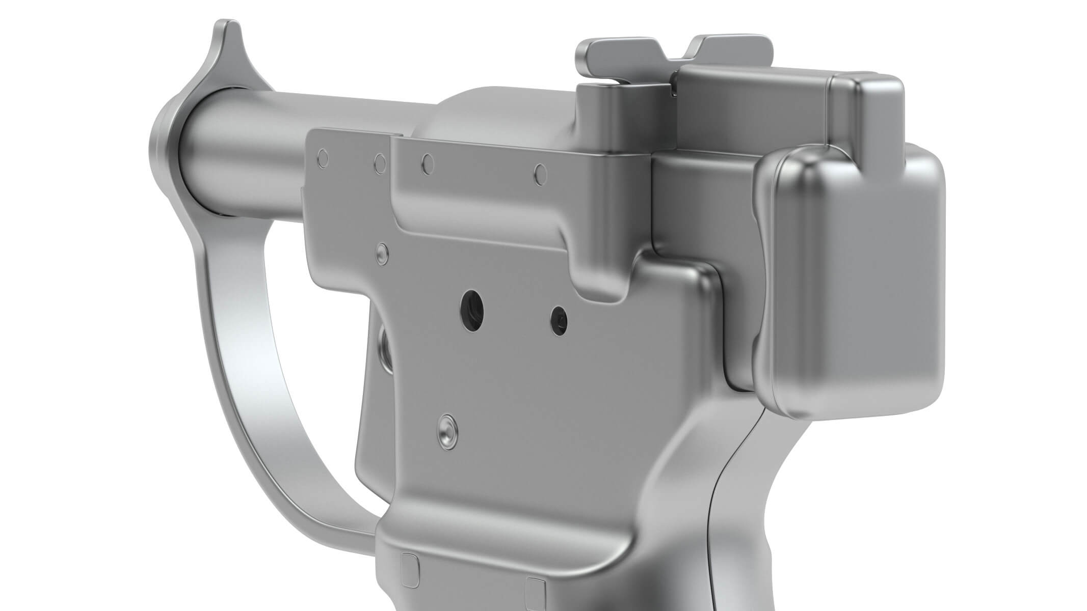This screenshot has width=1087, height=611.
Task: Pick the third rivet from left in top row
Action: (x=429, y=162)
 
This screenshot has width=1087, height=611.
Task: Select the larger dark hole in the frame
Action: (x=470, y=309)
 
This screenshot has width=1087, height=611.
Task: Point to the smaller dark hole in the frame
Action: (x=559, y=319)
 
